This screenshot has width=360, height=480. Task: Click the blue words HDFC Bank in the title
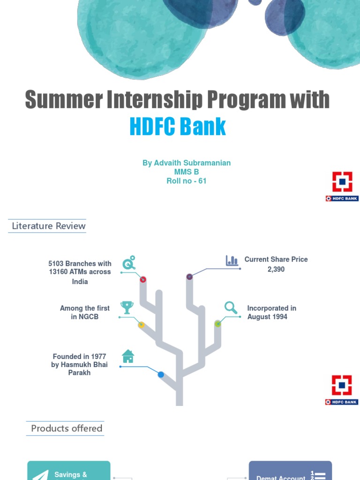point(178,127)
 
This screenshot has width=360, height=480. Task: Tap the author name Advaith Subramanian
point(187,163)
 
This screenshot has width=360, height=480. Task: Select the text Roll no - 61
point(187,180)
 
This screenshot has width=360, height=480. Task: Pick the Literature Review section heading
point(49,226)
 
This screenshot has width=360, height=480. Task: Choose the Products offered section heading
point(66,428)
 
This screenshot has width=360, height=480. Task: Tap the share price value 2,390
point(276,269)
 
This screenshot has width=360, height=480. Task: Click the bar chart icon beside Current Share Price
point(232,261)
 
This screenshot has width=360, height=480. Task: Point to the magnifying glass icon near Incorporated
point(231,307)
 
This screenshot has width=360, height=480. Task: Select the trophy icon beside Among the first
point(127,307)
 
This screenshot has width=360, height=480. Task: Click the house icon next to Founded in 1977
point(128,356)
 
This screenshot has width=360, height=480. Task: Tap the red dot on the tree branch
point(143,279)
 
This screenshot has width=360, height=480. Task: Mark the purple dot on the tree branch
point(189,277)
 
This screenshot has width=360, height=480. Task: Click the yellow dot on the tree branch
point(141,325)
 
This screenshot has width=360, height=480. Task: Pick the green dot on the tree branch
point(217,323)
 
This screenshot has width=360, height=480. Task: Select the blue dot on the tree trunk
point(161,375)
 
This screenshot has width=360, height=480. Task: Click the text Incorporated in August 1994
point(271,312)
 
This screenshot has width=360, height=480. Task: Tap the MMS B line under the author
point(187,172)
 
